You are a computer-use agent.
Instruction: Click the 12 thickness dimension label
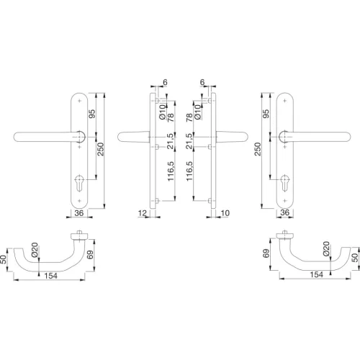(143, 213)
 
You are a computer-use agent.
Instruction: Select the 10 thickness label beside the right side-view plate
(225, 213)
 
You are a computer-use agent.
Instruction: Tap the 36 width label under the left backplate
(80, 213)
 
